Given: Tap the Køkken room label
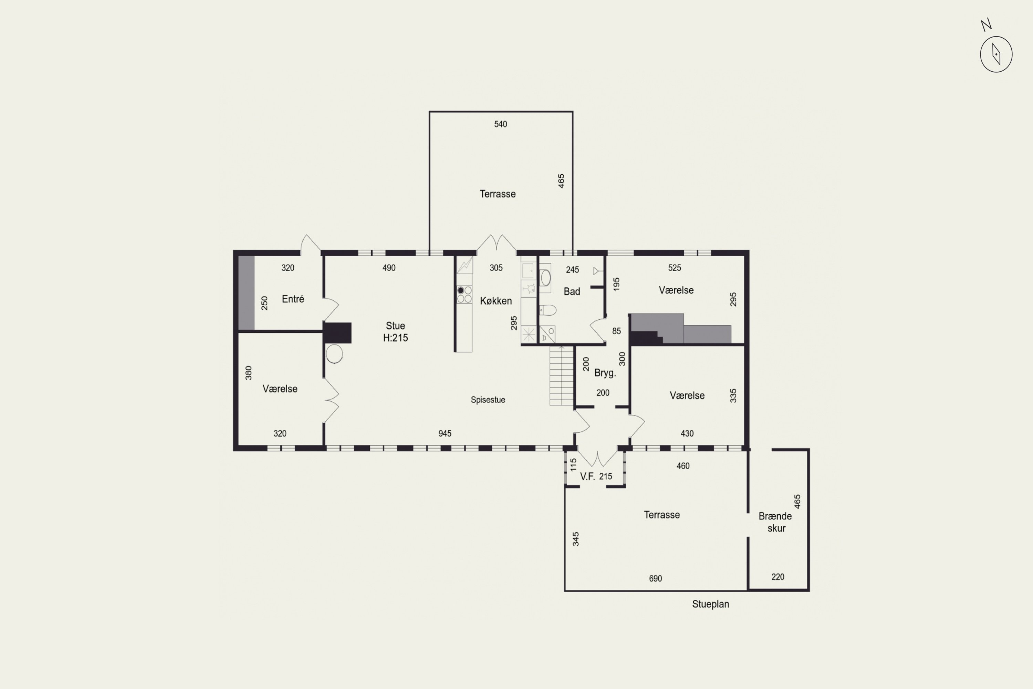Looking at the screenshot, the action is [496, 301].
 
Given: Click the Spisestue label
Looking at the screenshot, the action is [488, 400].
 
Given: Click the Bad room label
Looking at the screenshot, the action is [572, 291].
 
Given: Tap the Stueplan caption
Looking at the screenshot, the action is [711, 604].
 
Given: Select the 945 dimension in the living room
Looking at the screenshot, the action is [445, 434].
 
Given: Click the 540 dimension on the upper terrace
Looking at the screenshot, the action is [501, 124].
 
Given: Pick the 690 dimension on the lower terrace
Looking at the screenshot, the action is [655, 579].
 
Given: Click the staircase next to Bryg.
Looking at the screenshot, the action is [561, 376].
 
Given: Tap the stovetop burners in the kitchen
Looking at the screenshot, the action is [464, 295].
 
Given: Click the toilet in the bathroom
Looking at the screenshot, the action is [548, 310].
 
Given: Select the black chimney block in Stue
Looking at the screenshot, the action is [337, 333].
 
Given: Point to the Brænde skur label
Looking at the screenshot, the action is [776, 522].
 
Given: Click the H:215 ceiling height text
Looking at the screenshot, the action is [395, 338].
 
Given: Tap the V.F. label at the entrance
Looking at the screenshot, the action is [587, 476].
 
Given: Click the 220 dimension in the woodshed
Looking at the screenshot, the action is [778, 577].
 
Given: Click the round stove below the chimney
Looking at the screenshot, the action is [334, 354].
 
